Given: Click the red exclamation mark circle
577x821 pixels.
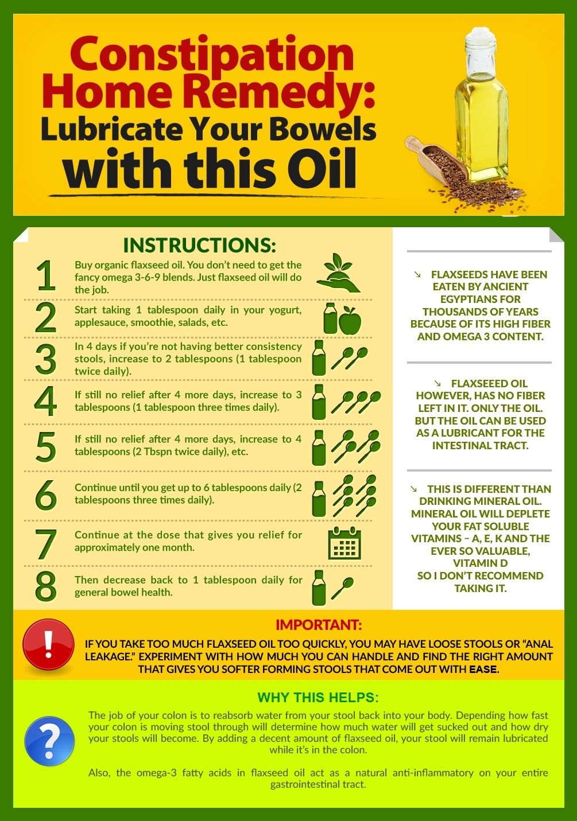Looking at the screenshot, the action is pyautogui.click(x=48, y=645).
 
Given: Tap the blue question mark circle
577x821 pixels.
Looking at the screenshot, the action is pyautogui.click(x=49, y=741).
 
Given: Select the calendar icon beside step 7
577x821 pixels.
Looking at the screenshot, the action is pyautogui.click(x=344, y=543).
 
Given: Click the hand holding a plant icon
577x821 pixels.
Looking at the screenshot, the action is pyautogui.click(x=338, y=273).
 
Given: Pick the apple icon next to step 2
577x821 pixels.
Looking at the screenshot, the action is pyautogui.click(x=350, y=320).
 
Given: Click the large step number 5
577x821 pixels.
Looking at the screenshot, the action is pyautogui.click(x=46, y=446).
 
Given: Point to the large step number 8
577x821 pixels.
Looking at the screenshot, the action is pyautogui.click(x=46, y=586).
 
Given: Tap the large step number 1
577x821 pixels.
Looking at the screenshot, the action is pyautogui.click(x=46, y=275).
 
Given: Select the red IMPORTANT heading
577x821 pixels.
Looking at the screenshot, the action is pyautogui.click(x=319, y=625).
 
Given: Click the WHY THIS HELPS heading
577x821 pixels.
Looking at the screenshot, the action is pyautogui.click(x=317, y=697).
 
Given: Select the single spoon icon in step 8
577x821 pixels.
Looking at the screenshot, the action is pyautogui.click(x=343, y=588).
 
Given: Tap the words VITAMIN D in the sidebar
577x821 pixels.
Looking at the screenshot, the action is pyautogui.click(x=480, y=563).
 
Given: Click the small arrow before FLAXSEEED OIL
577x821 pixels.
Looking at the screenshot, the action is pyautogui.click(x=437, y=383).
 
